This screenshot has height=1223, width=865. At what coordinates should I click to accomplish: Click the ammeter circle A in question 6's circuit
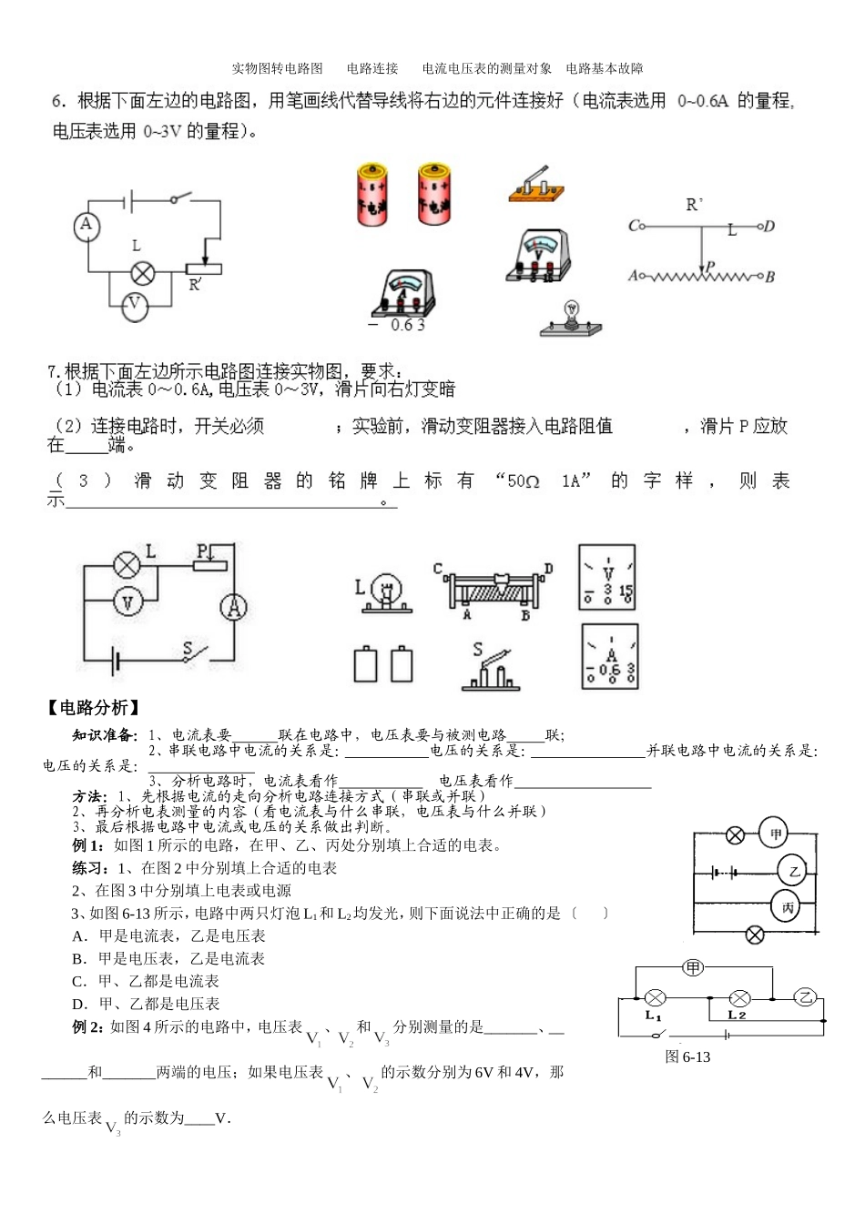[86, 225]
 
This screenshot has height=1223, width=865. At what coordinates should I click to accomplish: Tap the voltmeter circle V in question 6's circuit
[134, 305]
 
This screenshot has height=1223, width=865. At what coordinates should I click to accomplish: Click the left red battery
[372, 195]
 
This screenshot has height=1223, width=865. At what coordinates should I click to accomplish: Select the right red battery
[434, 194]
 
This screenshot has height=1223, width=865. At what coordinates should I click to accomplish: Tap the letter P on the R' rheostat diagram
[710, 267]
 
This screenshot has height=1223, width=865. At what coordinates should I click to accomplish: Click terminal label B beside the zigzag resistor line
[769, 277]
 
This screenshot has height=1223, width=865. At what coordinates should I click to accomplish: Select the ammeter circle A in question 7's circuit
[233, 607]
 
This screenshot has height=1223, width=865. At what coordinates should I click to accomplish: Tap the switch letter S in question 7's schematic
[188, 648]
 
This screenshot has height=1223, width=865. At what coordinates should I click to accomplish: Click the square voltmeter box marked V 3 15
[607, 578]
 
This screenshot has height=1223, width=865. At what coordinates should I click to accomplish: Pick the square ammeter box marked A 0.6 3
[609, 656]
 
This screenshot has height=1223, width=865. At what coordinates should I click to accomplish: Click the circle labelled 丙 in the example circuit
[788, 907]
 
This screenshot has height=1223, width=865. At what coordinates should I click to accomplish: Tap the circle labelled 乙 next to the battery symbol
[793, 871]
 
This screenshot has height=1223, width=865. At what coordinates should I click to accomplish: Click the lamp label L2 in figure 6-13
[738, 1015]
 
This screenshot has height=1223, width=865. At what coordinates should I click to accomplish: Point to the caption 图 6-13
[687, 1056]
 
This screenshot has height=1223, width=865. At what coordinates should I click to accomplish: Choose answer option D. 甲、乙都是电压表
[146, 1004]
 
